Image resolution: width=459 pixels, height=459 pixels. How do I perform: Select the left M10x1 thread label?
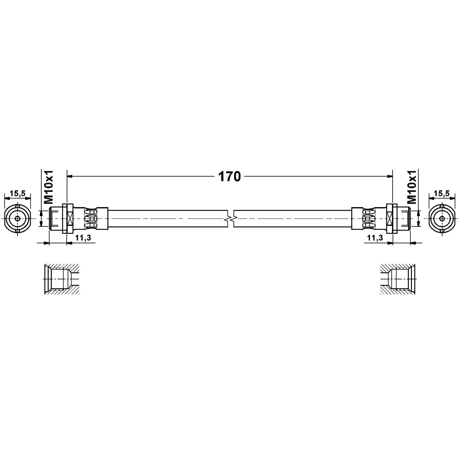pyautogui.click(x=49, y=186)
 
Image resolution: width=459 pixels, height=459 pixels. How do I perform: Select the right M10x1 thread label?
pyautogui.click(x=412, y=186)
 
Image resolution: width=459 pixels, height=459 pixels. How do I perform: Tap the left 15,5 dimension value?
pyautogui.click(x=18, y=192)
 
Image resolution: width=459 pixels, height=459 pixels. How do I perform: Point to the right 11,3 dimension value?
pyautogui.click(x=375, y=237)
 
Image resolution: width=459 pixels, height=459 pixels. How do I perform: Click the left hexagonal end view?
pyautogui.click(x=18, y=219)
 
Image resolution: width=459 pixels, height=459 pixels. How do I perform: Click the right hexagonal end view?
pyautogui.click(x=442, y=219)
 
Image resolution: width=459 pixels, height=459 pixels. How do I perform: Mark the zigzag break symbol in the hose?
pyautogui.click(x=231, y=219)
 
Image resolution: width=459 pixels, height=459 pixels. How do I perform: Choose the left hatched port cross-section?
pyautogui.click(x=62, y=279)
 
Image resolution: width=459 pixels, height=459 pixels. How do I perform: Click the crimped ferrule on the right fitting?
pyautogui.click(x=368, y=219)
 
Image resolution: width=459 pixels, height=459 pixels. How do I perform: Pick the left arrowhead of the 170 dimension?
pyautogui.click(x=70, y=176)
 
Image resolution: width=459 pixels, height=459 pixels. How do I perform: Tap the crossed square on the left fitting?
pyautogui.click(x=70, y=219)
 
